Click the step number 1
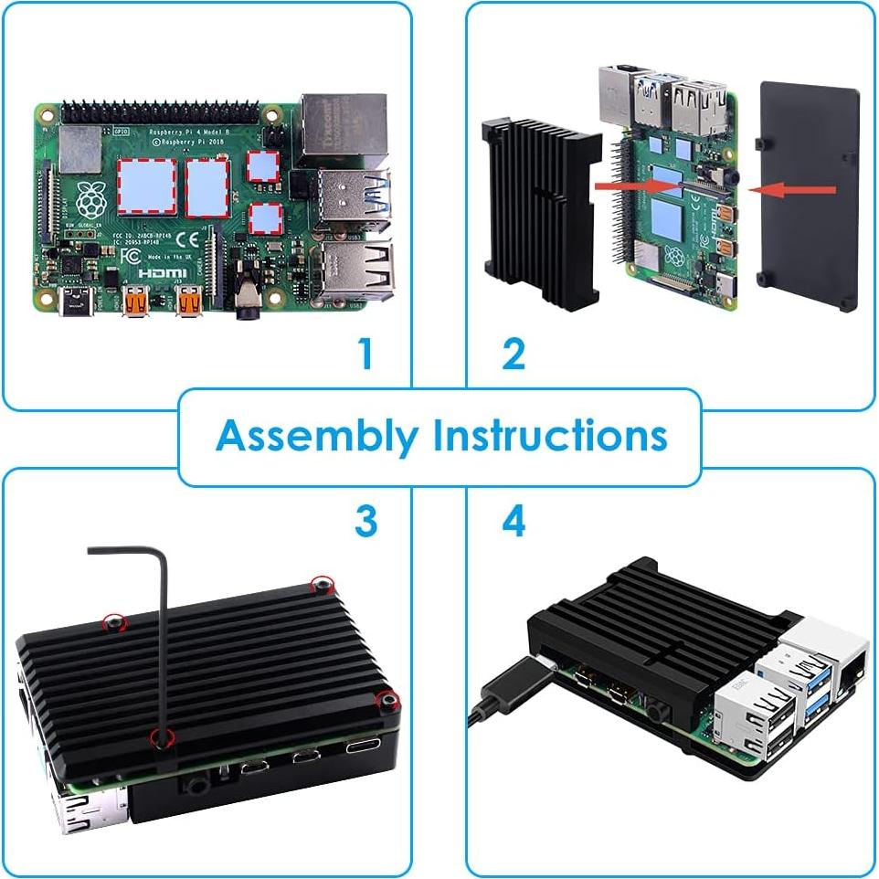pyautogui.click(x=365, y=354)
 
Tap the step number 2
pyautogui.click(x=514, y=354)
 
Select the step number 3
pyautogui.click(x=365, y=522)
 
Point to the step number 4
pyautogui.click(x=514, y=522)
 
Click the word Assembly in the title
pyautogui.click(x=315, y=437)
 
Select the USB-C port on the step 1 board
pyautogui.click(x=75, y=299)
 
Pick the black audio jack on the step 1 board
pyautogui.click(x=246, y=301)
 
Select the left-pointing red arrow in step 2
pyautogui.click(x=792, y=190)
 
